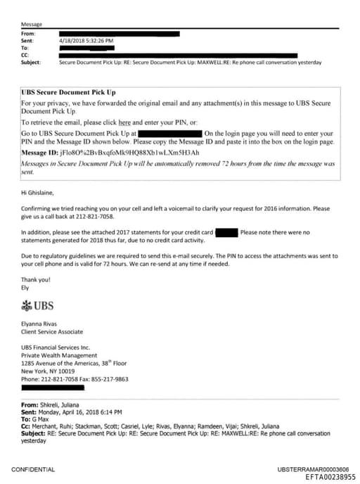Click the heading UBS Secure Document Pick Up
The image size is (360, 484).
[69, 92]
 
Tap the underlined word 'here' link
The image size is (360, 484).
[124, 122]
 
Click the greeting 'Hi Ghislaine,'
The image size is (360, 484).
[39, 190]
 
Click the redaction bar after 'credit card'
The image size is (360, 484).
[225, 231]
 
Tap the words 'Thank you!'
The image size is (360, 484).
[34, 279]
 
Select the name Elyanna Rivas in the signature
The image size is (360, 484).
[41, 324]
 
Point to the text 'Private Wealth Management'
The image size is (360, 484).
[57, 355]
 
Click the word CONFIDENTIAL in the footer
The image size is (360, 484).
[33, 469]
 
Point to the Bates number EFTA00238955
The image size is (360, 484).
[330, 476]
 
